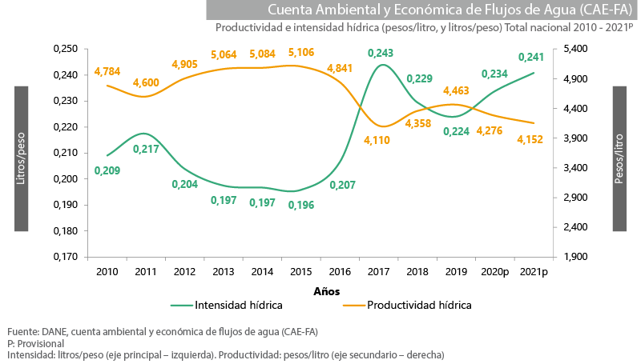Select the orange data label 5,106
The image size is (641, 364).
(x=301, y=53)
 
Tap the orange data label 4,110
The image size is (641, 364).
(x=377, y=140)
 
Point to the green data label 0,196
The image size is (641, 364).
(x=301, y=205)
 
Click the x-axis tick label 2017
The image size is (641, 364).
(x=379, y=272)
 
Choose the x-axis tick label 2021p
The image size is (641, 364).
(x=534, y=272)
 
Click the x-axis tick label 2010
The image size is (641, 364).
(x=107, y=272)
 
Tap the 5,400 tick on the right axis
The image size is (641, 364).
(x=576, y=50)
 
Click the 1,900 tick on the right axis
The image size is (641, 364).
(x=576, y=257)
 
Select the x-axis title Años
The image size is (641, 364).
(x=326, y=290)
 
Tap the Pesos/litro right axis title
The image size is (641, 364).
(x=619, y=158)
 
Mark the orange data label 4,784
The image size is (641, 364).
(x=107, y=71)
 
